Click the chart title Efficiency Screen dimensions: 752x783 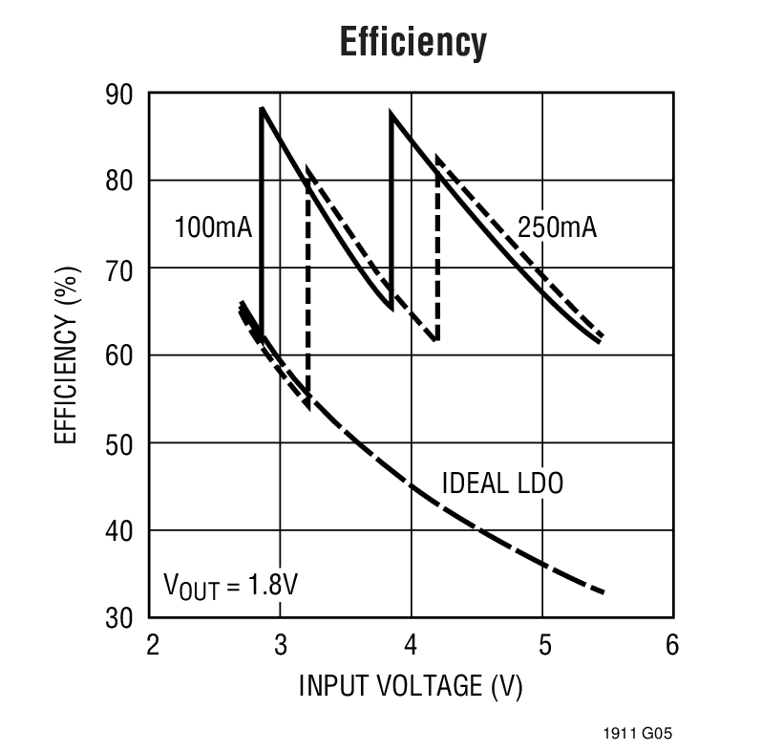tap(413, 42)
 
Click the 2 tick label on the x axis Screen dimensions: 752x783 tap(151, 645)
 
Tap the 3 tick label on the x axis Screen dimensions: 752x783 tap(281, 645)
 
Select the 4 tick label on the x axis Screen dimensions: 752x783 tap(412, 645)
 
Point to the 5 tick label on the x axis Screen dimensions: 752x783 tap(542, 645)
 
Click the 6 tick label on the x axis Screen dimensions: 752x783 tap(671, 645)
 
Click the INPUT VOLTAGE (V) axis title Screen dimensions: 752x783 tap(412, 686)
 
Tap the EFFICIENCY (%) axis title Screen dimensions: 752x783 tap(65, 355)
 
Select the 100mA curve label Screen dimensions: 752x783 tap(212, 227)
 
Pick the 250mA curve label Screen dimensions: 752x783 tap(557, 227)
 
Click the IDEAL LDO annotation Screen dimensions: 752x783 tap(502, 483)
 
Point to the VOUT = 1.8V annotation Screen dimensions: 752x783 tap(231, 584)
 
